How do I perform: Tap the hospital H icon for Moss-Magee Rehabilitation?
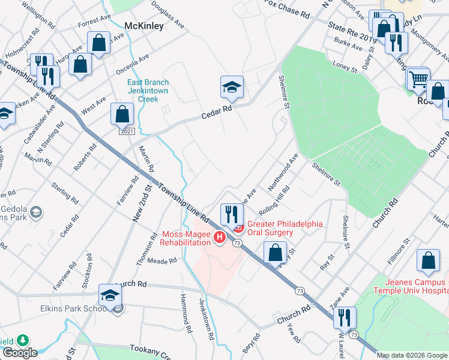[x=220, y=238]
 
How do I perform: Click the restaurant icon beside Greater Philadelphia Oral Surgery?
[x=232, y=214]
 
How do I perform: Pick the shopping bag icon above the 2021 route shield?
[x=122, y=114]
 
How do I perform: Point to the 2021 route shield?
[x=126, y=131]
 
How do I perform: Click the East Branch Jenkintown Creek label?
[x=148, y=91]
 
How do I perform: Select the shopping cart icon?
[x=418, y=79]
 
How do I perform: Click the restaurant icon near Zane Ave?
[x=345, y=317]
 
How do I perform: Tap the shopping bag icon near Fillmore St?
[x=429, y=261]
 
